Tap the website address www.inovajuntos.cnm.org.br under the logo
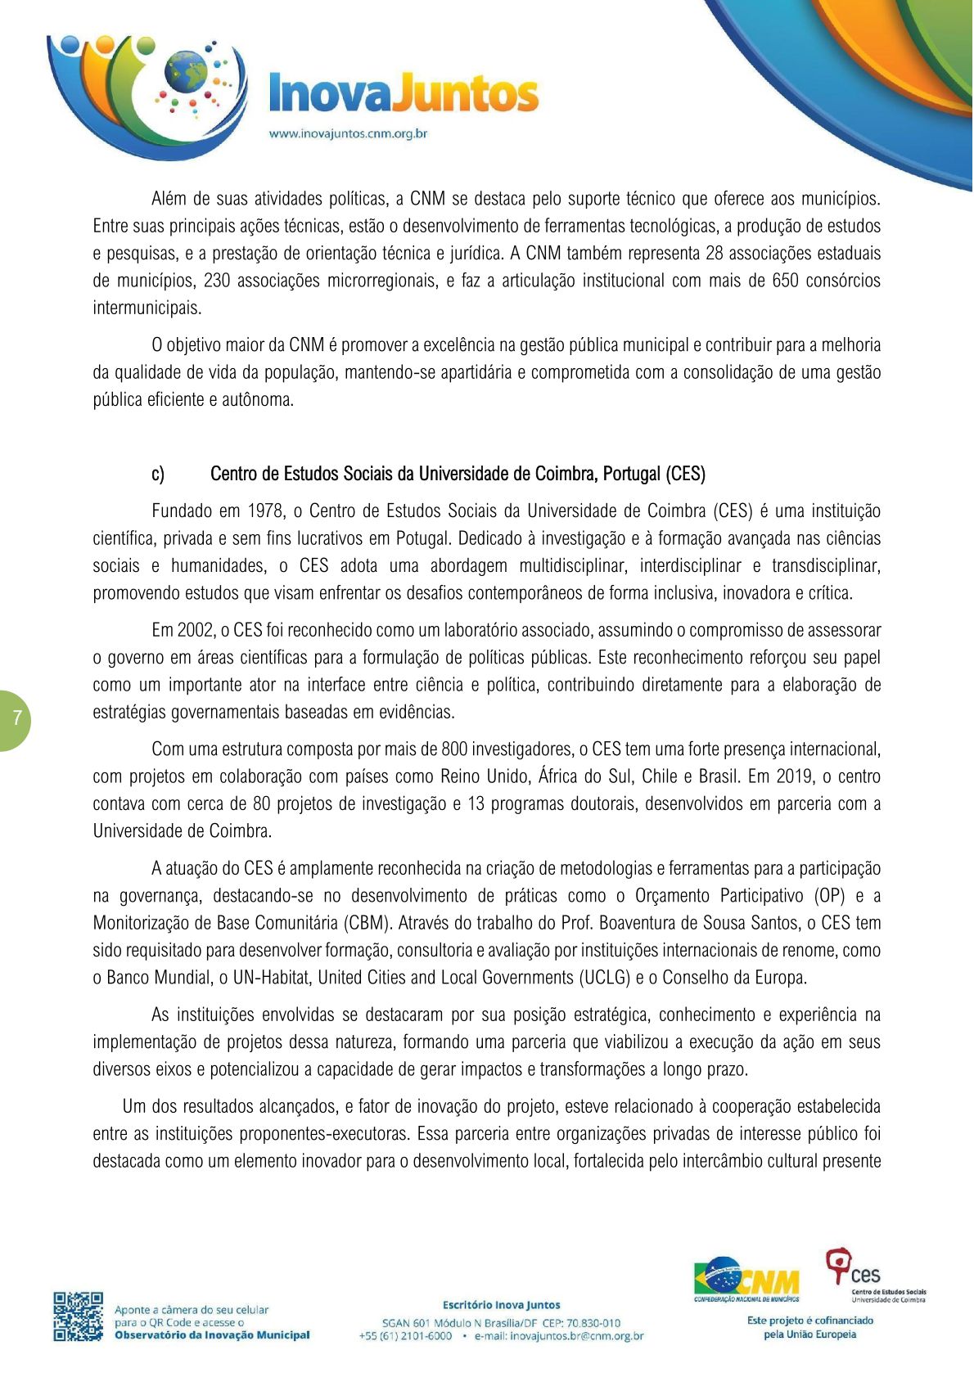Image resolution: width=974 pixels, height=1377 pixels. click(x=349, y=134)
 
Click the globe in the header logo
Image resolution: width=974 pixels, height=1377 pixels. click(x=186, y=72)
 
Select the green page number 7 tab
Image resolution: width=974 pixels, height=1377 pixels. click(x=15, y=719)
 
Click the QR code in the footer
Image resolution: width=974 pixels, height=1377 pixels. click(x=79, y=1316)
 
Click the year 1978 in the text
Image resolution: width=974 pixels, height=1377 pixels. click(x=266, y=511)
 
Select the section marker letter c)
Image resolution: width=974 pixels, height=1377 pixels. click(x=158, y=474)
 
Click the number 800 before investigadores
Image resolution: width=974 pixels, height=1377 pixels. click(x=454, y=749)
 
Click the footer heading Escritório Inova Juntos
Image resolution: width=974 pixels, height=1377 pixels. click(x=501, y=1305)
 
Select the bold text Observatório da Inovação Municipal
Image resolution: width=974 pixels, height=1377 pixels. click(x=212, y=1335)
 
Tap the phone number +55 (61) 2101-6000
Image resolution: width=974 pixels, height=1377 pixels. click(x=405, y=1336)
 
